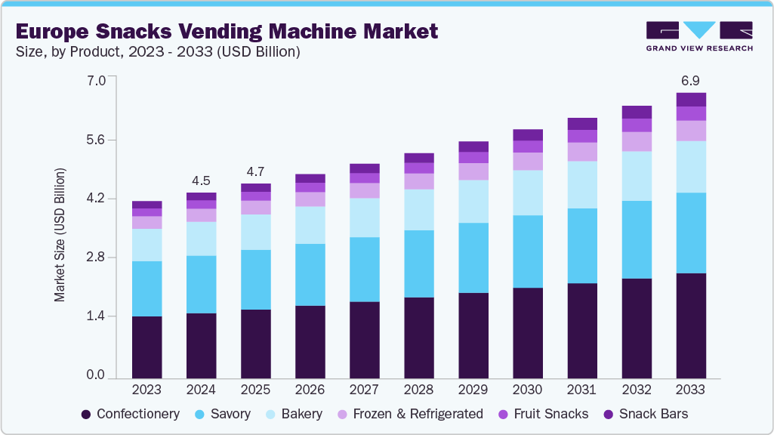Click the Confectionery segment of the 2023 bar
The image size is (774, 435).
coord(146,347)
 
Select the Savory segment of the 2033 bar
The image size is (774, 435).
coord(691,233)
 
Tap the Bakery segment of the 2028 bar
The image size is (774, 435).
coord(418,209)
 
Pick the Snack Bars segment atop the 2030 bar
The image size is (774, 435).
coord(527,134)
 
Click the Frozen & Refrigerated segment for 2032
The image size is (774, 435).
coord(637,141)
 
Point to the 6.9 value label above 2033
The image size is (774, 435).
coord(690,80)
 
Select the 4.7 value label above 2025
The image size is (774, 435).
coord(255,171)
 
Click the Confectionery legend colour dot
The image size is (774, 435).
coord(86,414)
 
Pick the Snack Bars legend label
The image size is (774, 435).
coord(653,414)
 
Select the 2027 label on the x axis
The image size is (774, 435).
coord(364,390)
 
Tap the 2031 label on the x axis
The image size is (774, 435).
coord(581,390)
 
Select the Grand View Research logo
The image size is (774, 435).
coord(699,35)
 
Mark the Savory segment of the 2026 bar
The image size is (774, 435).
coord(310,274)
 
